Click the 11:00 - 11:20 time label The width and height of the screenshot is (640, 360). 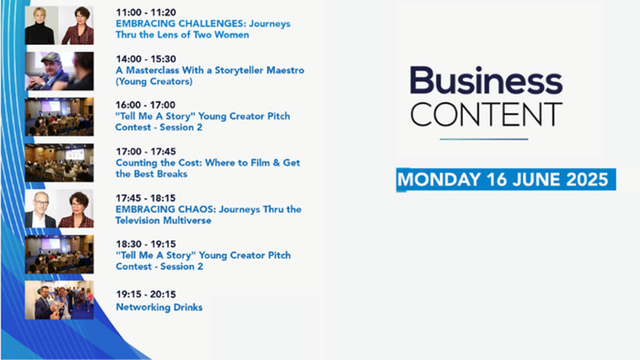[146, 12]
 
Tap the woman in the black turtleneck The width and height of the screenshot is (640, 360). [40, 26]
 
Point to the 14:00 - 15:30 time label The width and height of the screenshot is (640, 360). [146, 59]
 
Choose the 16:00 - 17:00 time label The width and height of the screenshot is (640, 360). [145, 106]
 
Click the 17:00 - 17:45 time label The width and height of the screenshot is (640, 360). [146, 152]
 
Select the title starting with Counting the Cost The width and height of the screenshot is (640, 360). [208, 168]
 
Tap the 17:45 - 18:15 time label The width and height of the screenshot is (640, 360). [146, 199]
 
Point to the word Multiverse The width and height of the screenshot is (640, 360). [189, 220]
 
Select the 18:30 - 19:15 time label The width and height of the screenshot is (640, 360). [146, 244]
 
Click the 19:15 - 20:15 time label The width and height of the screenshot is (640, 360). [146, 295]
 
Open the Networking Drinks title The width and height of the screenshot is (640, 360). [159, 307]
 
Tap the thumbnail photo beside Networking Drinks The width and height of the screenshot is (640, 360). [59, 300]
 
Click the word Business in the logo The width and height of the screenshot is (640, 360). [486, 81]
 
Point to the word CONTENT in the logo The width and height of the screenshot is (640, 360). [486, 114]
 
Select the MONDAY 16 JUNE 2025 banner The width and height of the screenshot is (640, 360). [506, 179]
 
